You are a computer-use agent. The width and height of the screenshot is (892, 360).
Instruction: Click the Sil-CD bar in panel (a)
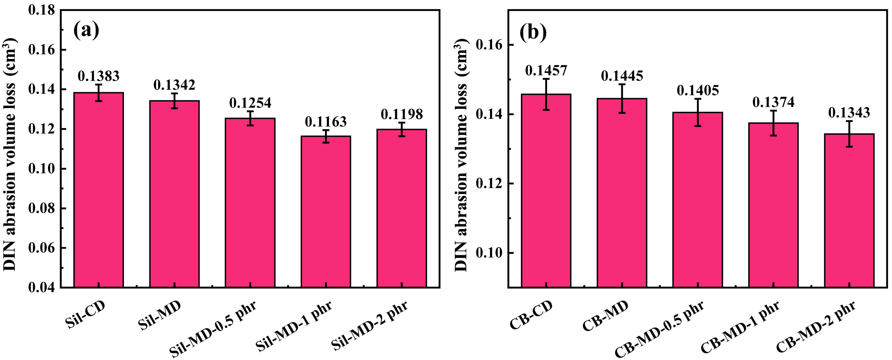(98, 190)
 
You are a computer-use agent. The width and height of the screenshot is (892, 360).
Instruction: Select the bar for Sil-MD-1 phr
(326, 211)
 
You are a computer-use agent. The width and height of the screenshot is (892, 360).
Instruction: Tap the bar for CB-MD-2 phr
(849, 210)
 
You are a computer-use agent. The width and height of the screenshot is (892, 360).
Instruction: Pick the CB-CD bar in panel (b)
(546, 190)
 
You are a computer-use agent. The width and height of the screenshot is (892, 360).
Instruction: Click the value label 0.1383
(98, 76)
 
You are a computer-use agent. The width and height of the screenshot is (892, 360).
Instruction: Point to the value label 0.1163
(326, 121)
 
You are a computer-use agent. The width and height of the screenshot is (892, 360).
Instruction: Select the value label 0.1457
(546, 70)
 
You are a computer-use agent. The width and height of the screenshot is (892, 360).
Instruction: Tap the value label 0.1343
(849, 112)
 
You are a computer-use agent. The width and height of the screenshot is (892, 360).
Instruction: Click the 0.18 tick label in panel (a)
(42, 10)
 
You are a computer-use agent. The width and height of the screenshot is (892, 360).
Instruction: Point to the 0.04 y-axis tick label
(42, 287)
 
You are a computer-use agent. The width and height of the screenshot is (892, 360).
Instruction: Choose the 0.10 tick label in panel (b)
(489, 253)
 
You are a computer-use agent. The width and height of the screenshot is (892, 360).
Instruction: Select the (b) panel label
(533, 32)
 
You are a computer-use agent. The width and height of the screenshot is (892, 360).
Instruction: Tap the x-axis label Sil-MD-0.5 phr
(213, 329)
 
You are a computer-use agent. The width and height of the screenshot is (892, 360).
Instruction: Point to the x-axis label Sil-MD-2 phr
(370, 325)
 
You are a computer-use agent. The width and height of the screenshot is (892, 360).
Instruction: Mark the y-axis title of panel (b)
(461, 155)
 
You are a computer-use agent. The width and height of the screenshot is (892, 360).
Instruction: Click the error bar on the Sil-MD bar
(174, 101)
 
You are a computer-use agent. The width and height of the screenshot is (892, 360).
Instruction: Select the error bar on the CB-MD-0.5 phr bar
(698, 112)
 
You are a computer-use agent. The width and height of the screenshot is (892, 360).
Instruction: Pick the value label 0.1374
(773, 102)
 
